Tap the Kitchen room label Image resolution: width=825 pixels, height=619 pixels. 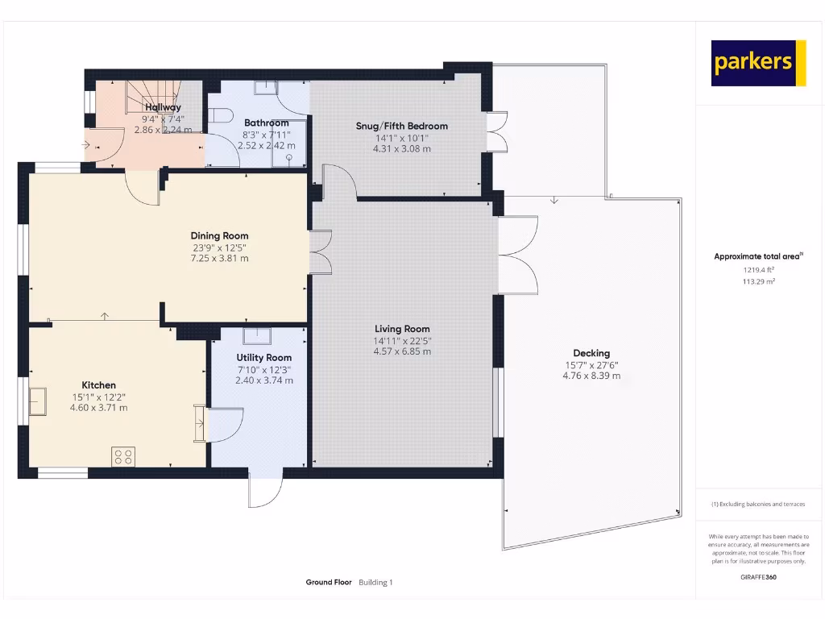[98, 385]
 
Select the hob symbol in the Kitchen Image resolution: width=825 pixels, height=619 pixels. [123, 457]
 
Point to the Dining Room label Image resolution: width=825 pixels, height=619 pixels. [219, 236]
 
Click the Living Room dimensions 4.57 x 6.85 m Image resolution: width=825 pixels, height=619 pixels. [402, 351]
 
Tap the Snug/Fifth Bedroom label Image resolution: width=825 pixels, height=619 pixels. [401, 126]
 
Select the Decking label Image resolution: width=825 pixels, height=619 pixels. [591, 353]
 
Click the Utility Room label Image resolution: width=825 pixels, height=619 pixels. [263, 357]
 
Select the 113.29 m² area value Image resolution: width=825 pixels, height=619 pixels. [758, 282]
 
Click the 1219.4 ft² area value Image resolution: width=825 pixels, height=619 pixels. [758, 270]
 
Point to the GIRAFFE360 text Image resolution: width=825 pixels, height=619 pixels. [758, 577]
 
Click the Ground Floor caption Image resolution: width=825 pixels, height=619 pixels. [329, 582]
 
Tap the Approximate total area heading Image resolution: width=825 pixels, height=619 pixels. [758, 256]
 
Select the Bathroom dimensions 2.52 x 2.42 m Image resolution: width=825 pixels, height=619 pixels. [266, 146]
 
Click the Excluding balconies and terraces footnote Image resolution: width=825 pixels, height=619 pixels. [758, 505]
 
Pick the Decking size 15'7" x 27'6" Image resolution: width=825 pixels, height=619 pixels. [591, 364]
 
